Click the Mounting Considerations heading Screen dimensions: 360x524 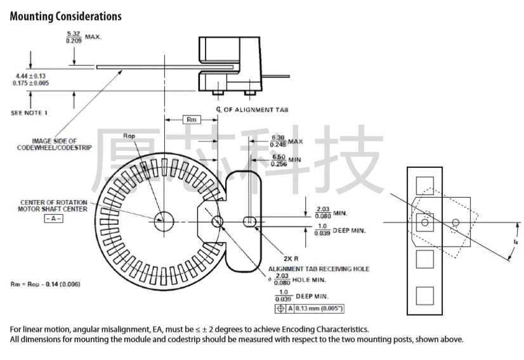[65, 16]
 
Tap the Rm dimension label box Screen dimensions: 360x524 [191, 119]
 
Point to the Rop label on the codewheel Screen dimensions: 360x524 [129, 137]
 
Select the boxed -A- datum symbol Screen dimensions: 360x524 [54, 218]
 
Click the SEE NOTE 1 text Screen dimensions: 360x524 [29, 112]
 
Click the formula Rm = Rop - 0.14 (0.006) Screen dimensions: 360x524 [46, 283]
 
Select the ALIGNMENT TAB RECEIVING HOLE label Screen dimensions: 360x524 [319, 269]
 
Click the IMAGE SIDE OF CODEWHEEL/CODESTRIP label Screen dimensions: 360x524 [55, 144]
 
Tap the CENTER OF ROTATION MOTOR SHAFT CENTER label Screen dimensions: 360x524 [54, 205]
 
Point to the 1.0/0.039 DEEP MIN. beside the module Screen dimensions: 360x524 [340, 229]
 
